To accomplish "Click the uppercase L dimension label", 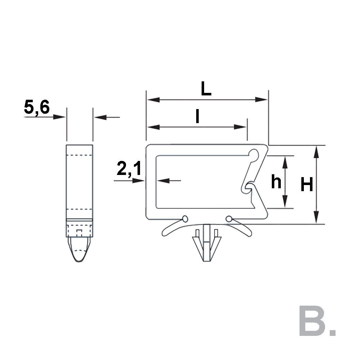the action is point(206,89).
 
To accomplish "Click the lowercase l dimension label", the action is point(197,116).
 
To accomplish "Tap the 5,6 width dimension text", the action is point(37,107).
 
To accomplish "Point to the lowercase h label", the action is point(276,181).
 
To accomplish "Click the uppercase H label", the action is point(307,184).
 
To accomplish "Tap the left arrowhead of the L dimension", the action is point(153,100).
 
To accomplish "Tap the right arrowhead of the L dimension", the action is point(261,100).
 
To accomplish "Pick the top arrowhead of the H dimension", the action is point(316,152).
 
